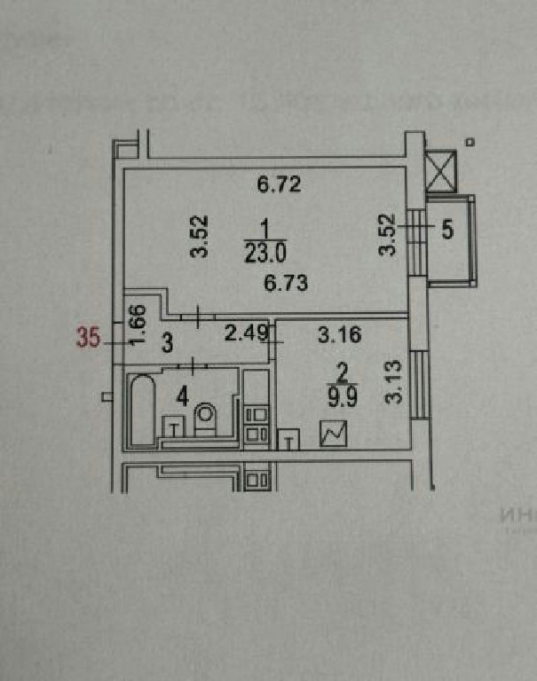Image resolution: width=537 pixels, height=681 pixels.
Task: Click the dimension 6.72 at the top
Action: tap(280, 185)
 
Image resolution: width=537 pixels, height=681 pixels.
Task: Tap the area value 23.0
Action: tap(265, 254)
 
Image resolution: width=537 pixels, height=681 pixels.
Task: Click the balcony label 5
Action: tap(448, 229)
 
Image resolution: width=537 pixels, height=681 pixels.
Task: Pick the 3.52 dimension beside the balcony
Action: tap(387, 235)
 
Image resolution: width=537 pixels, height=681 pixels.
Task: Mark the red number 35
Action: tap(88, 338)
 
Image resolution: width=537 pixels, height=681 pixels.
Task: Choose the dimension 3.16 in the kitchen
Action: tap(336, 334)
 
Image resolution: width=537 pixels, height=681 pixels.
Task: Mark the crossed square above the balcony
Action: tap(440, 171)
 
